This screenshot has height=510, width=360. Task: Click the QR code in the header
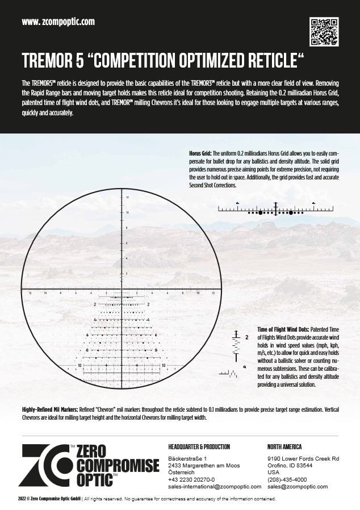[324, 32]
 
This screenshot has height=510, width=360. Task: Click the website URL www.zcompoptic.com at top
[58, 22]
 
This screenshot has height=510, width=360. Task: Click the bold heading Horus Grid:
[200, 154]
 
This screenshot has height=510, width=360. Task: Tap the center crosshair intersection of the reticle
[122, 287]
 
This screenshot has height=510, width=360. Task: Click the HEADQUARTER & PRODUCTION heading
[199, 447]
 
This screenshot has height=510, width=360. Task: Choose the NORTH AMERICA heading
[284, 447]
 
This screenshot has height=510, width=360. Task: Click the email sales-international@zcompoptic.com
[215, 487]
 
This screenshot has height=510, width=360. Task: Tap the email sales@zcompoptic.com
[298, 487]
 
